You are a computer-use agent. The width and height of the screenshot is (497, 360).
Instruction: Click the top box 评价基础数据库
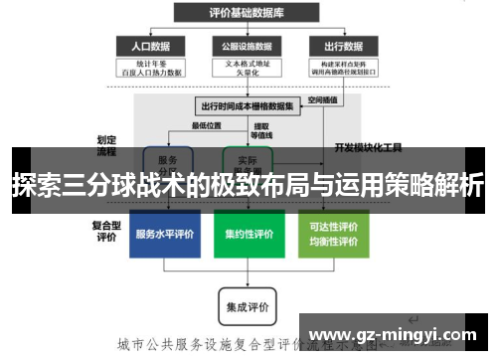pos(247,13)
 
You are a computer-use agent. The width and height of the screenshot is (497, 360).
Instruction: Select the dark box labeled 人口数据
pos(150,46)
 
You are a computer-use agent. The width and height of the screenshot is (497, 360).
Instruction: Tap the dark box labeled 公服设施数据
pos(247,46)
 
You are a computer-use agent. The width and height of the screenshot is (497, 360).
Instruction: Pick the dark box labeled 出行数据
pos(342,46)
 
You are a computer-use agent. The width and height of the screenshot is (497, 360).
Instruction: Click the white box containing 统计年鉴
pos(150,69)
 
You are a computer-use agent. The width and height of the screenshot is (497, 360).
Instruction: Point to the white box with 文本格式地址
pos(247,69)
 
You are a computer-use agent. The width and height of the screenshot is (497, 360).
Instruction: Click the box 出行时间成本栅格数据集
pos(247,105)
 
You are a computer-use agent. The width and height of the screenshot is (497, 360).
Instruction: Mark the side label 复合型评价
pos(106,232)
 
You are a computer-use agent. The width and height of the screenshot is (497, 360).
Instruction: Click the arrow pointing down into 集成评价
pos(248,281)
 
